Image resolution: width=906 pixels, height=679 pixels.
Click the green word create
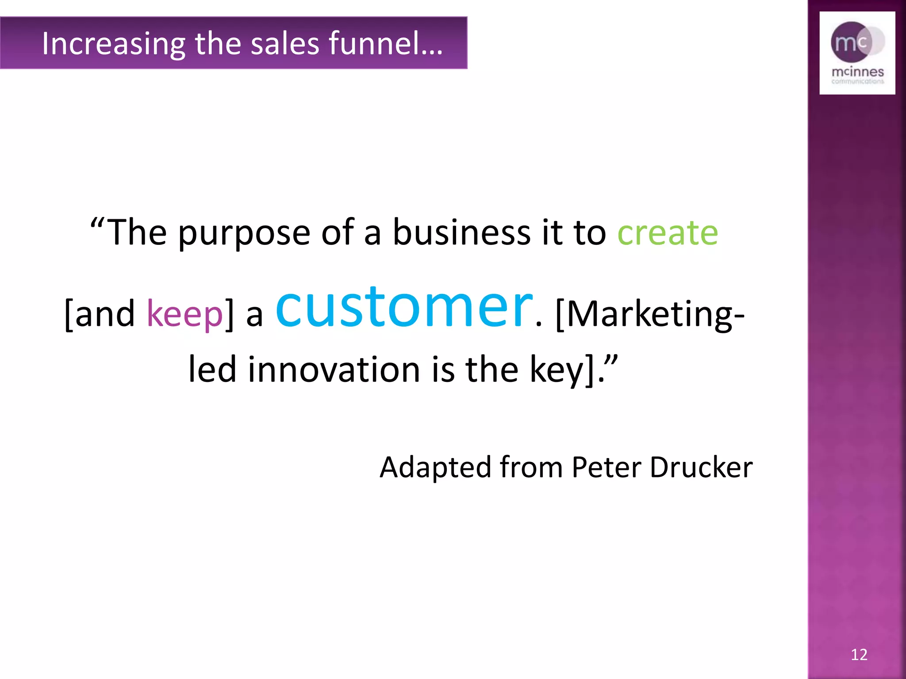coord(667,233)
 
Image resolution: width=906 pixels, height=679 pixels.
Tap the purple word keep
coord(185,314)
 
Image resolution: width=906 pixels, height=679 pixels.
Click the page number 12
coord(859,655)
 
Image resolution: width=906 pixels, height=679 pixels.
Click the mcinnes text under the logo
coord(857,72)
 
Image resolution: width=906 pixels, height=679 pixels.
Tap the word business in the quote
coord(461,233)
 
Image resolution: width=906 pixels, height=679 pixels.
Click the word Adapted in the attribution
coord(435,467)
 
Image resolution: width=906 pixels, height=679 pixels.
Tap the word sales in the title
coord(285,43)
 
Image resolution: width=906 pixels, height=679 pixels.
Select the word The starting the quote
coord(137,233)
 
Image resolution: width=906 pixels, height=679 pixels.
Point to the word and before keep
coord(105,314)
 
